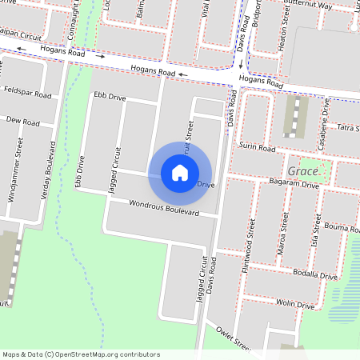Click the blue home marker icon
180,172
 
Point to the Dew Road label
22,122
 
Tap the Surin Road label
257,148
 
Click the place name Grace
304,171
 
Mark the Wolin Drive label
295,304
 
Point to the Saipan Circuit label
22,35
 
